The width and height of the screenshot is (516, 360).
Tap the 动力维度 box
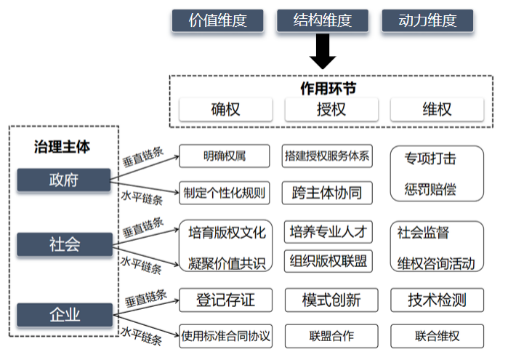pos(427,21)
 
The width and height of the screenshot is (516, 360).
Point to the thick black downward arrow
pos(323,53)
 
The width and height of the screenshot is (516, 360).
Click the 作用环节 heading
pos(328,88)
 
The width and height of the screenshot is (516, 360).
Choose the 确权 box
pos(225,110)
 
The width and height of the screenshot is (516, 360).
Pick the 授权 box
pos(331,110)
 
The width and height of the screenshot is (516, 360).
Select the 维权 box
pos(436,110)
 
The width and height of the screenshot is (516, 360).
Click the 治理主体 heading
pos(63,146)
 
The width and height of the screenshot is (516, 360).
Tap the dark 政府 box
pos(63,180)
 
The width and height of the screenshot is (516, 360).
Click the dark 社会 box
pos(63,244)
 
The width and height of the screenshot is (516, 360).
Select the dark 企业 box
pos(63,315)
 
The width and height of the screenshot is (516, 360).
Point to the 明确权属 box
pos(224,156)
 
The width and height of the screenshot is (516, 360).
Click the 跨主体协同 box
pos(327,193)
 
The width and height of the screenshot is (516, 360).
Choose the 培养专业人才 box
pos(327,232)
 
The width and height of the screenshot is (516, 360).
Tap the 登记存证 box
pos(225,300)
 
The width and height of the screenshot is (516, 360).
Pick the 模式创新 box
pos(331,300)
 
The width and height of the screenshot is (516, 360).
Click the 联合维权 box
pos(437,336)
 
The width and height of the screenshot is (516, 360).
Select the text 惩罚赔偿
pos(430,191)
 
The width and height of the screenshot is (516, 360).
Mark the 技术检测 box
pos(437,300)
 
